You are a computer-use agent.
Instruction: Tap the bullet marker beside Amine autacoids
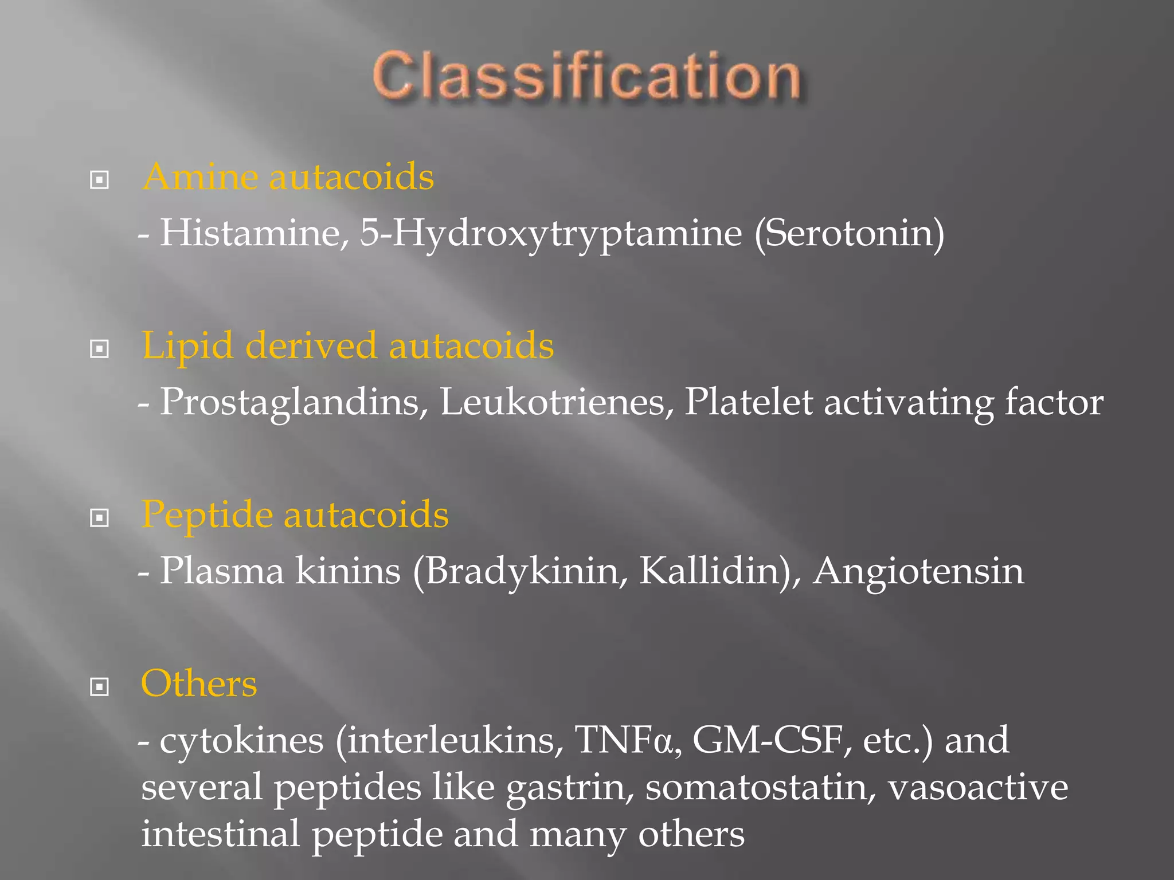[100, 180]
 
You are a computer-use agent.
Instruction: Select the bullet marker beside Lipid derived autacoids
[100, 348]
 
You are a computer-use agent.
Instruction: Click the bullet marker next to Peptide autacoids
[100, 518]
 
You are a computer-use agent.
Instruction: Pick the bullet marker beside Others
[100, 686]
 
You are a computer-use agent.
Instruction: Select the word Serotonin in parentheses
[848, 233]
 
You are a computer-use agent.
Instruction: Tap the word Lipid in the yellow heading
[187, 347]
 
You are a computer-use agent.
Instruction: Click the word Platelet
[748, 402]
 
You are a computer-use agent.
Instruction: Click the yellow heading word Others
[199, 683]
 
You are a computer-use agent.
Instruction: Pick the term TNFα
[624, 740]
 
